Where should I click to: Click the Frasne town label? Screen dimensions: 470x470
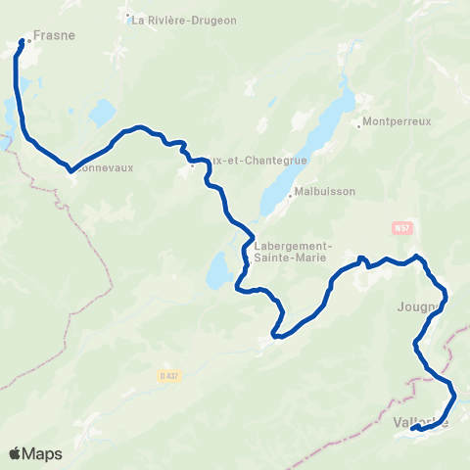(54, 34)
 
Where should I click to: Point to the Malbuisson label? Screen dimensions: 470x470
(322, 193)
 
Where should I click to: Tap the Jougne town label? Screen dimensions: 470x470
(419, 305)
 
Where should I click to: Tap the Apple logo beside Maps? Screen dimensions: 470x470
(16, 453)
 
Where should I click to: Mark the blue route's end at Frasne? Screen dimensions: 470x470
(21, 41)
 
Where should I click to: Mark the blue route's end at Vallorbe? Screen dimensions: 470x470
(413, 429)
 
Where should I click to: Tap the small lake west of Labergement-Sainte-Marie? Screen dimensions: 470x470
(219, 271)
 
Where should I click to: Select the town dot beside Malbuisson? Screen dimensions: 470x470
(291, 194)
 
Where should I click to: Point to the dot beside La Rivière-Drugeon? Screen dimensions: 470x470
(128, 20)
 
